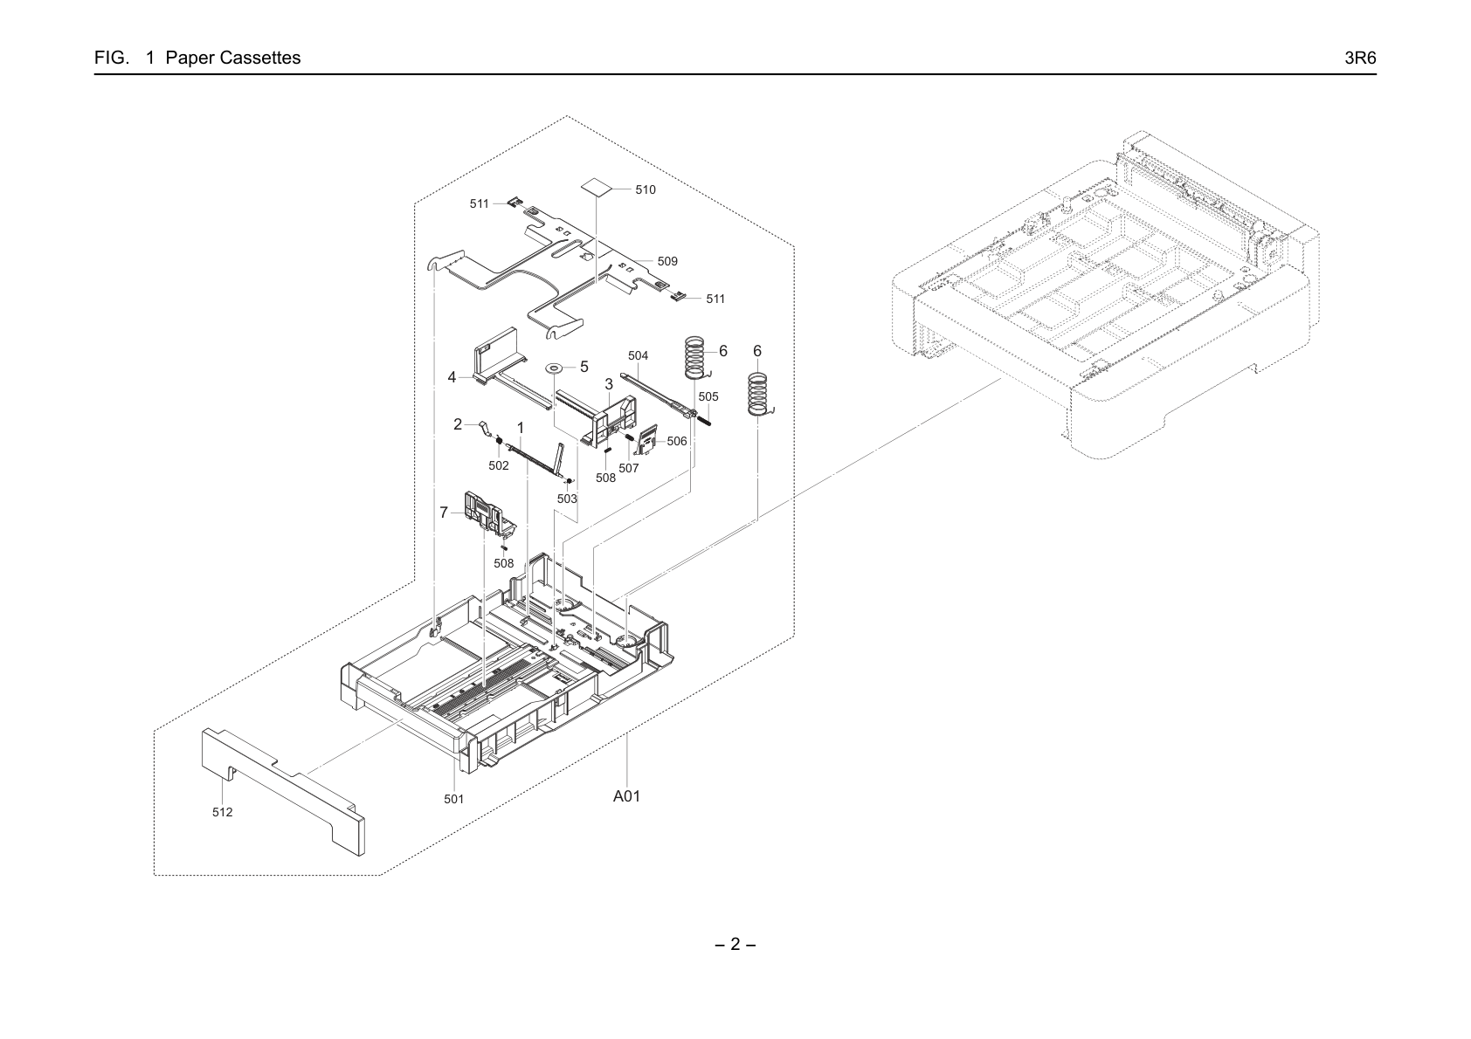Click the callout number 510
pyautogui.click(x=645, y=189)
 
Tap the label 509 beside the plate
pyautogui.click(x=667, y=261)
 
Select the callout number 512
pyautogui.click(x=222, y=812)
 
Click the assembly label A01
pyautogui.click(x=626, y=796)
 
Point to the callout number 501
pyautogui.click(x=453, y=799)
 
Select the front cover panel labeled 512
pyautogui.click(x=283, y=791)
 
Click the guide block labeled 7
pyautogui.click(x=489, y=512)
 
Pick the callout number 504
pyautogui.click(x=638, y=355)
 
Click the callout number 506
pyautogui.click(x=676, y=441)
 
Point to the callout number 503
pyautogui.click(x=567, y=499)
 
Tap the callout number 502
pyautogui.click(x=499, y=465)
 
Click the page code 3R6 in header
pyautogui.click(x=1360, y=58)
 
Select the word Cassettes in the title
pyautogui.click(x=260, y=58)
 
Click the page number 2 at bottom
pyautogui.click(x=735, y=944)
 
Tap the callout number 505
pyautogui.click(x=708, y=396)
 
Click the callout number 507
pyautogui.click(x=628, y=468)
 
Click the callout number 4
pyautogui.click(x=452, y=377)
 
